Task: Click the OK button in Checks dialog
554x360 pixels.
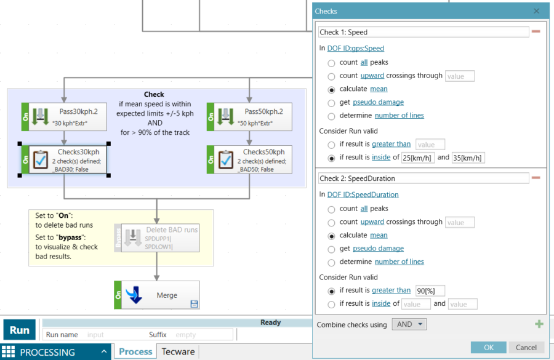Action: (488, 347)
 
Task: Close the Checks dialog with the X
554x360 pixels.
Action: (536, 11)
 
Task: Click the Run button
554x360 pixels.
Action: (19, 330)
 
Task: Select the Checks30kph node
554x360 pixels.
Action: (64, 159)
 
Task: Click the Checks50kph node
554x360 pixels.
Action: (249, 159)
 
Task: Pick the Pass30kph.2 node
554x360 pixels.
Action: (64, 117)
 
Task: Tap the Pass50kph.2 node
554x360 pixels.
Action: (249, 117)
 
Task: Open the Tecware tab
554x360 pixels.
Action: (178, 352)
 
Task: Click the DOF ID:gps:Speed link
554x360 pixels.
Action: (355, 48)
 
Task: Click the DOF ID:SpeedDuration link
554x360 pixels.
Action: (363, 194)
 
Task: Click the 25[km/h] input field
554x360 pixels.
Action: (418, 158)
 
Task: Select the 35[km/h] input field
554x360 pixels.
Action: (468, 158)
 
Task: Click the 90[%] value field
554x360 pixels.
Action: (430, 290)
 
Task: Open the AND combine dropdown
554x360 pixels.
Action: (409, 324)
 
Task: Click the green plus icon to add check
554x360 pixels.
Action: (539, 324)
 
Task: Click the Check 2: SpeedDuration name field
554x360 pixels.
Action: (424, 178)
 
